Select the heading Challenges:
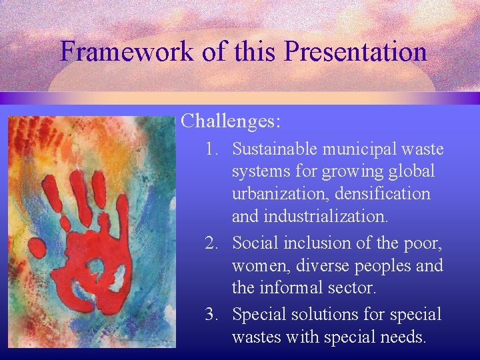pos(231,121)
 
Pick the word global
pos(411,172)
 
